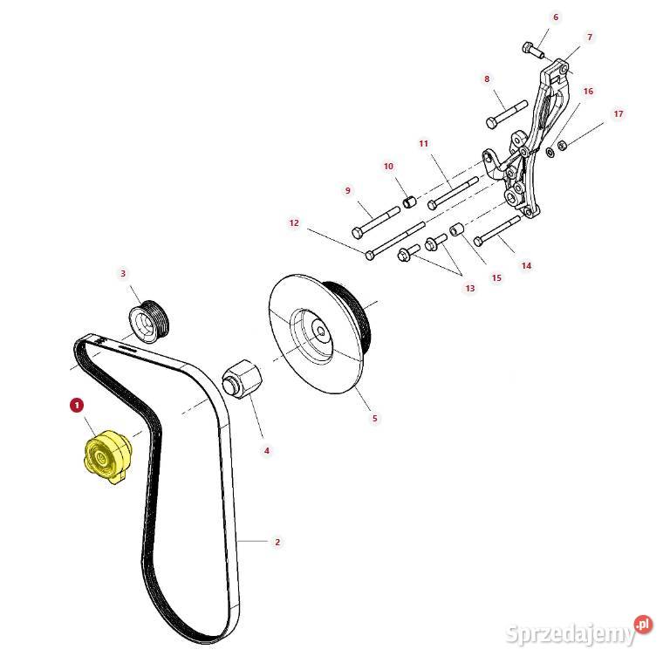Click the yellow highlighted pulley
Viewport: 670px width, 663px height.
click(x=107, y=457)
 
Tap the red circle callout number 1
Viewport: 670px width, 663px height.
click(x=77, y=405)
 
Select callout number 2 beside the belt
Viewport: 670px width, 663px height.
click(x=277, y=542)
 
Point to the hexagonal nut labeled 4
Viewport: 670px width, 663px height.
click(x=242, y=377)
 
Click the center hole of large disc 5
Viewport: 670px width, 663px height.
click(x=321, y=329)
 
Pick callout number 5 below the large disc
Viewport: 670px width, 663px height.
click(x=375, y=418)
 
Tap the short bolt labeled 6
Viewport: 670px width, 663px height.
click(x=533, y=51)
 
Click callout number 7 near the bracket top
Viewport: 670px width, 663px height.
click(x=590, y=38)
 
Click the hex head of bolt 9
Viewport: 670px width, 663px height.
click(x=358, y=233)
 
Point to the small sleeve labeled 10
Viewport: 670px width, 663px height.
click(x=409, y=202)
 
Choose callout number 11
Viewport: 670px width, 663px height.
click(x=423, y=144)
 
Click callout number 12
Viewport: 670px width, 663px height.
click(x=294, y=222)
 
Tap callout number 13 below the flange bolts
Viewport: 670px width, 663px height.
click(x=470, y=289)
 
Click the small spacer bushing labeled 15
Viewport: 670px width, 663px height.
click(x=457, y=230)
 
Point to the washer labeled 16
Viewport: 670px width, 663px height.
click(x=550, y=151)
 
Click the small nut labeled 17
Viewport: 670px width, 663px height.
click(x=563, y=146)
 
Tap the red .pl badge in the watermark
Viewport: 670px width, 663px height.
click(x=642, y=625)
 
